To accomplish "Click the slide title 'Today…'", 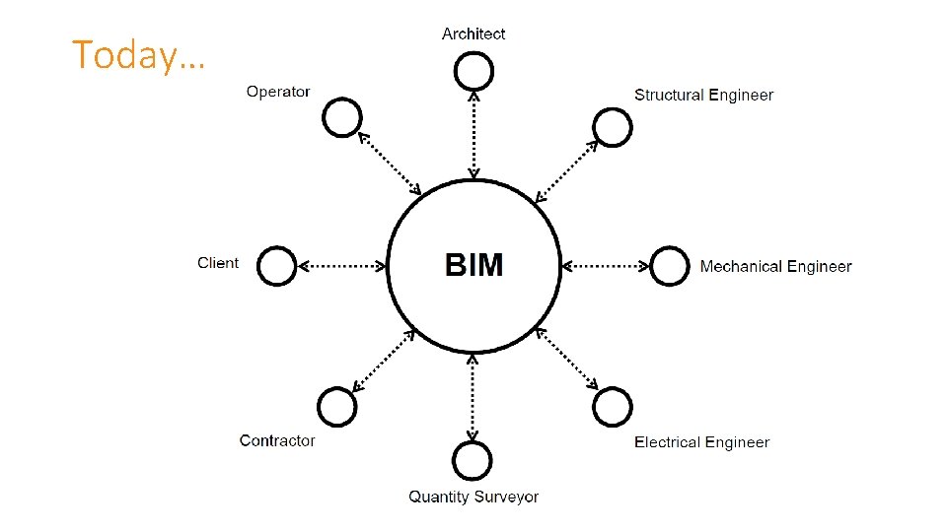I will click(138, 55).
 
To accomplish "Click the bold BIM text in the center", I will click(473, 265).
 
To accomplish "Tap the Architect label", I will click(473, 33).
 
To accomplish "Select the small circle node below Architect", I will click(473, 70).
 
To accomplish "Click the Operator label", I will click(278, 92).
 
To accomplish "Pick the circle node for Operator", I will click(342, 118).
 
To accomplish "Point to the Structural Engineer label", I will click(703, 95).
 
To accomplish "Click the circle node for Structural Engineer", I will click(613, 126).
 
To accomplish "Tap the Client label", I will click(218, 263).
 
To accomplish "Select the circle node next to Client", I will click(277, 266).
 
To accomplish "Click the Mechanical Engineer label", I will click(775, 266).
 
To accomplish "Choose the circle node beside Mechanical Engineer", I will click(670, 266).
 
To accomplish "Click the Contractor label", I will click(277, 440).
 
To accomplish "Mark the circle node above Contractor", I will click(336, 406).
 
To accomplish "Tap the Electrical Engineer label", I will click(701, 442).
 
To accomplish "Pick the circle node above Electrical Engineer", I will click(613, 406).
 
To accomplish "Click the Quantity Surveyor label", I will click(473, 497).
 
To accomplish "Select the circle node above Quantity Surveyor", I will click(473, 460).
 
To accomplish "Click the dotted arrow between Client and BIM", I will click(341, 265).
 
